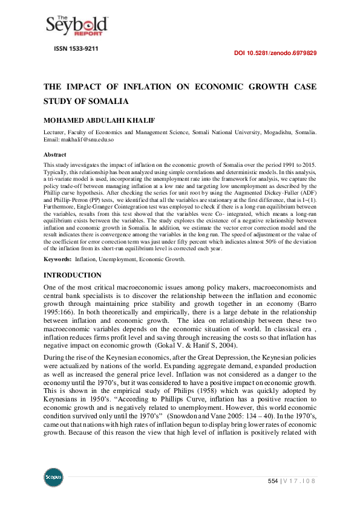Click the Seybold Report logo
[77, 24]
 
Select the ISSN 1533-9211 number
[77, 48]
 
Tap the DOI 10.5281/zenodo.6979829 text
[275, 53]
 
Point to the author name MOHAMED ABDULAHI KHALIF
[99, 120]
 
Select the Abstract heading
[55, 154]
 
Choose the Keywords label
[57, 259]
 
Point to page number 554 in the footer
[273, 481]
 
